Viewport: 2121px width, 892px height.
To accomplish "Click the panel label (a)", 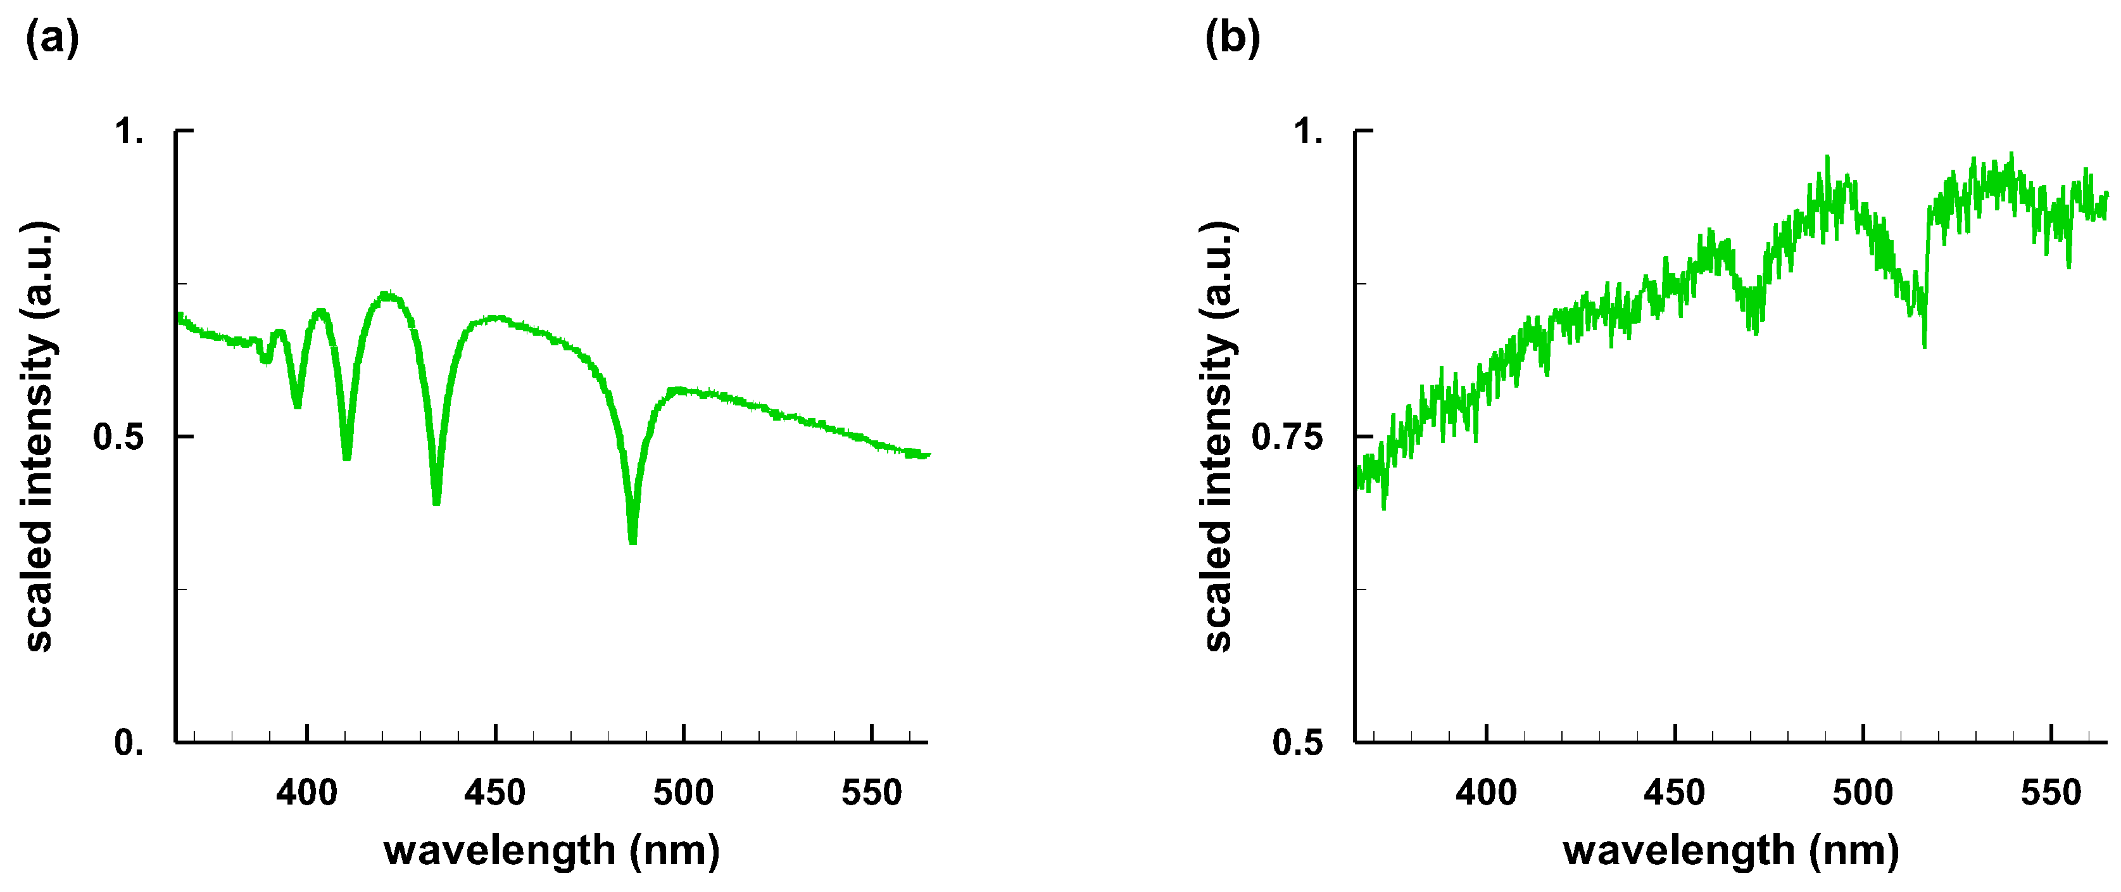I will (53, 39).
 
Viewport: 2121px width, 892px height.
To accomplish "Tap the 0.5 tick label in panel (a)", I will (118, 436).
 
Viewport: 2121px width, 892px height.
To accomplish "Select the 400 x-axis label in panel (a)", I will (306, 793).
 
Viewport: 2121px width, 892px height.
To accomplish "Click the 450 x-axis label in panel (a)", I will (495, 793).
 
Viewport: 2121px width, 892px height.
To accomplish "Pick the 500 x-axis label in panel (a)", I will (683, 793).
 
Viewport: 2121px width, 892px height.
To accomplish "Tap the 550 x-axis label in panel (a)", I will (872, 793).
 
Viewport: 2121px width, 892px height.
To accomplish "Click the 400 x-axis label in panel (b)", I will (1486, 793).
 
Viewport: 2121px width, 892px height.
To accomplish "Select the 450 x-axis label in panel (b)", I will (1675, 793).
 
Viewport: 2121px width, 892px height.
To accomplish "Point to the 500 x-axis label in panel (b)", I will (1863, 793).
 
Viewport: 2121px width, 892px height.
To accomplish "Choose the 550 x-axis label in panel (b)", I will (2051, 793).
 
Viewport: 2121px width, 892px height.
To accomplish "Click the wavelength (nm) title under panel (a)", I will (551, 850).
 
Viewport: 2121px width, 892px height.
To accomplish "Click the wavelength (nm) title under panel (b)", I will (1732, 850).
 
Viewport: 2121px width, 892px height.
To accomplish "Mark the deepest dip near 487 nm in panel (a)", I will (633, 540).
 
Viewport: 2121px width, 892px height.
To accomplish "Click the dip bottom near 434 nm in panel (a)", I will (436, 500).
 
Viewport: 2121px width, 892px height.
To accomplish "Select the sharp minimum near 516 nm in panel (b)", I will (1924, 344).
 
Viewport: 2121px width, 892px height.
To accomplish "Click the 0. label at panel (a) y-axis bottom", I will (129, 743).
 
